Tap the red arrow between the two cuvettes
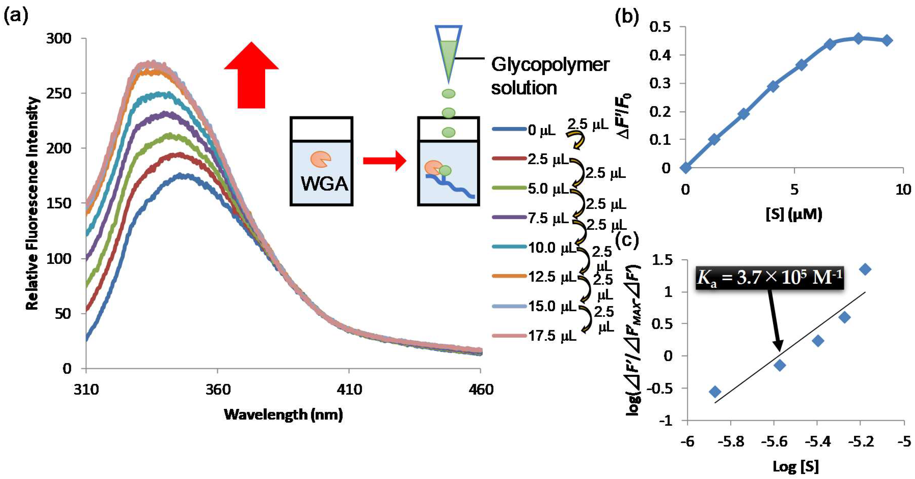[x=384, y=161]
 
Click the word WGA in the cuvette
[x=324, y=184]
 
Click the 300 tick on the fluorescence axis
[x=59, y=38]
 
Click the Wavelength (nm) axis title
[x=283, y=414]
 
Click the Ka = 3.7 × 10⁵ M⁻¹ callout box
[x=769, y=278]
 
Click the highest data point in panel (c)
[x=865, y=269]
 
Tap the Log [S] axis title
[x=795, y=466]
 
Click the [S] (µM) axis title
[x=794, y=214]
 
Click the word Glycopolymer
[x=550, y=65]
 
